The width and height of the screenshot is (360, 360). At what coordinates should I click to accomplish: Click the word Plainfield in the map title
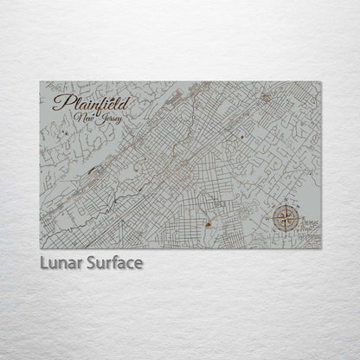(x=86, y=104)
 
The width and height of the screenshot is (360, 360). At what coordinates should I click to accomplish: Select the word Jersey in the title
(x=108, y=119)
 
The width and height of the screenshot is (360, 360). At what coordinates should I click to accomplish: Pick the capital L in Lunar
(x=42, y=260)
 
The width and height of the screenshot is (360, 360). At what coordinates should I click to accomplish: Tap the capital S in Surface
(x=87, y=260)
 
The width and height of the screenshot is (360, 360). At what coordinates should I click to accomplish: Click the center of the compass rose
(x=284, y=218)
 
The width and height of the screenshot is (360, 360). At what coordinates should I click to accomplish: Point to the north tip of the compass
(x=284, y=205)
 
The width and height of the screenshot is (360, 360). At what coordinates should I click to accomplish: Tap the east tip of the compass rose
(x=297, y=218)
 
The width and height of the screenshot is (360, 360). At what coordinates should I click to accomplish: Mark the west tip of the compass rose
(x=271, y=218)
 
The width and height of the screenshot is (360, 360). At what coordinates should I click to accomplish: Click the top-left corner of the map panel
(x=40, y=82)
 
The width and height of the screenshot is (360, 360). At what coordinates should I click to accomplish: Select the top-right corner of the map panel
(x=320, y=82)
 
